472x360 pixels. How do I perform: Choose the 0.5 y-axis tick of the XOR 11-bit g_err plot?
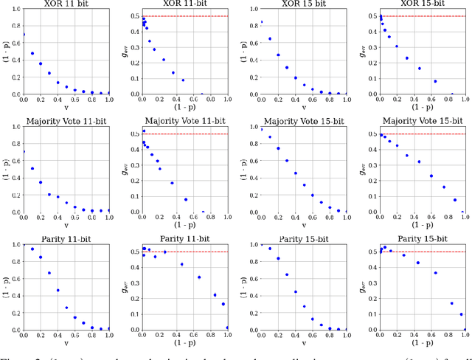(x=129, y=15)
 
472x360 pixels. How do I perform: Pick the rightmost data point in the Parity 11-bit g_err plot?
(x=227, y=328)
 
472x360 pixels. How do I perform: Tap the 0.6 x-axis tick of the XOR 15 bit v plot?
(x=311, y=100)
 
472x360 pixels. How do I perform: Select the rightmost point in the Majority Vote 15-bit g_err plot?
(x=463, y=212)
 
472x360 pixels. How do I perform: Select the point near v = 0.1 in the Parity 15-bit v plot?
(x=269, y=249)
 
